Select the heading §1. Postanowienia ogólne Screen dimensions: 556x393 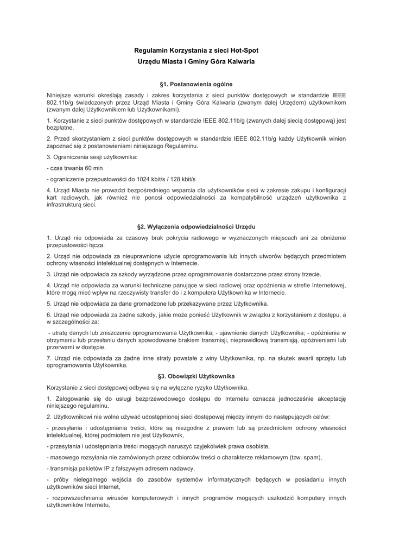[196, 84]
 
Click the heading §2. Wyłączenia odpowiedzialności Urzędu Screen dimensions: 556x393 [196, 226]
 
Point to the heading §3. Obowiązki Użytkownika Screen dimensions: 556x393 [196, 376]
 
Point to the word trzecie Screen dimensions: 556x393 [308, 274]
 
